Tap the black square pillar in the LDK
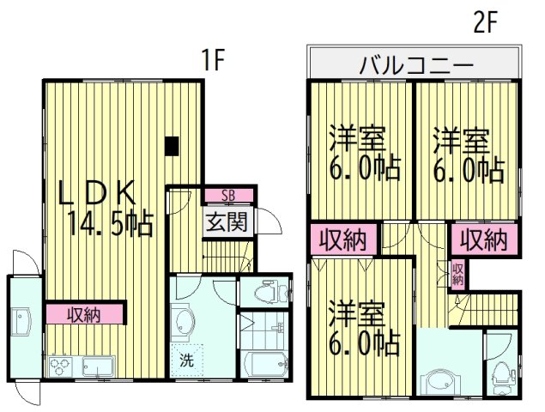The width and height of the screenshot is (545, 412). coord(173,146)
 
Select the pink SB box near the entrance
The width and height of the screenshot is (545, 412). coord(227,195)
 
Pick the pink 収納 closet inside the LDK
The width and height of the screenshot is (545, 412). coord(85,314)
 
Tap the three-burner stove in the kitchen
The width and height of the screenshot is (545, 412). coord(62,367)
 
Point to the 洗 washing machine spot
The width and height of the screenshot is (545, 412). coord(186,360)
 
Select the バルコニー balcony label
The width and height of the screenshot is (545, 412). coord(415,64)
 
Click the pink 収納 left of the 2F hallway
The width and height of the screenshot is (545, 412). coord(342,239)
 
